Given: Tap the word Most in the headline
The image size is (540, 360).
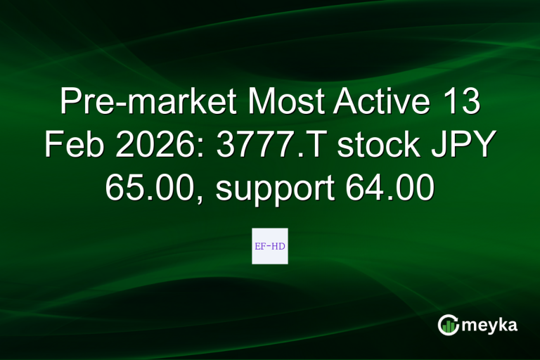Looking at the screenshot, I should tap(279, 103).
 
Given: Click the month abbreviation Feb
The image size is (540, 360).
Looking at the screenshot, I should tap(69, 146).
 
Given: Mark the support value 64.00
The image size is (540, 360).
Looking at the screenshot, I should tap(390, 188).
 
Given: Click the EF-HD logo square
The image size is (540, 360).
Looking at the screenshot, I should tap(270, 246).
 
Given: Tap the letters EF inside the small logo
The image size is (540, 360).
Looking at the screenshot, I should tap(260, 247).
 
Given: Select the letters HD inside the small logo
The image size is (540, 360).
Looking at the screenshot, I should tap(279, 247).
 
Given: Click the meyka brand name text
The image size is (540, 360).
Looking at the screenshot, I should tap(491, 325).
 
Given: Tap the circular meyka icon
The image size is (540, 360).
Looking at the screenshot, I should tap(449, 325).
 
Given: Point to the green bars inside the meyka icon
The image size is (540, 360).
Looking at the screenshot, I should tap(449, 326).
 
